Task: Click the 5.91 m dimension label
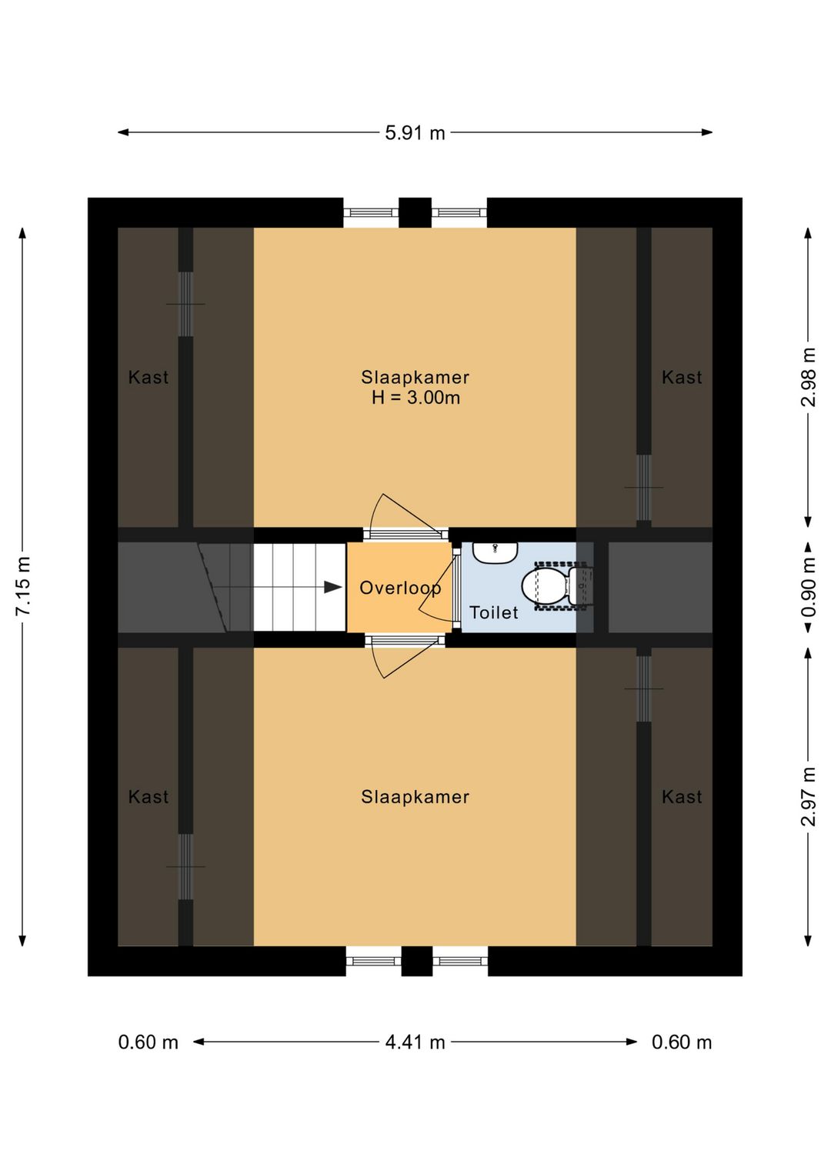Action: tap(415, 133)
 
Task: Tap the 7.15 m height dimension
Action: tap(23, 585)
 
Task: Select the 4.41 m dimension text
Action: tap(415, 1042)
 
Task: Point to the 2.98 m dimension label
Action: tap(808, 377)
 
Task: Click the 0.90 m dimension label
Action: tap(808, 587)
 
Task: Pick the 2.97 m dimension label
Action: tap(808, 796)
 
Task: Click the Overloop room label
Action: tap(400, 589)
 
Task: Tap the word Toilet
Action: tap(494, 612)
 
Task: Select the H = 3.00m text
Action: tap(415, 398)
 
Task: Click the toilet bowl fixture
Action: tap(545, 586)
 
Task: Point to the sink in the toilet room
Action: tap(495, 552)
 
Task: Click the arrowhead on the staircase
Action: tap(332, 587)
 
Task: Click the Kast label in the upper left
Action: tap(149, 377)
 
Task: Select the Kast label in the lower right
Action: tap(682, 797)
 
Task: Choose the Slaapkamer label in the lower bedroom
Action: tap(415, 797)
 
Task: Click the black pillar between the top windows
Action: tap(415, 212)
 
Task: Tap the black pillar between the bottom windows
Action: tap(416, 961)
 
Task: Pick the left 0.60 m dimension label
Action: tap(149, 1042)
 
